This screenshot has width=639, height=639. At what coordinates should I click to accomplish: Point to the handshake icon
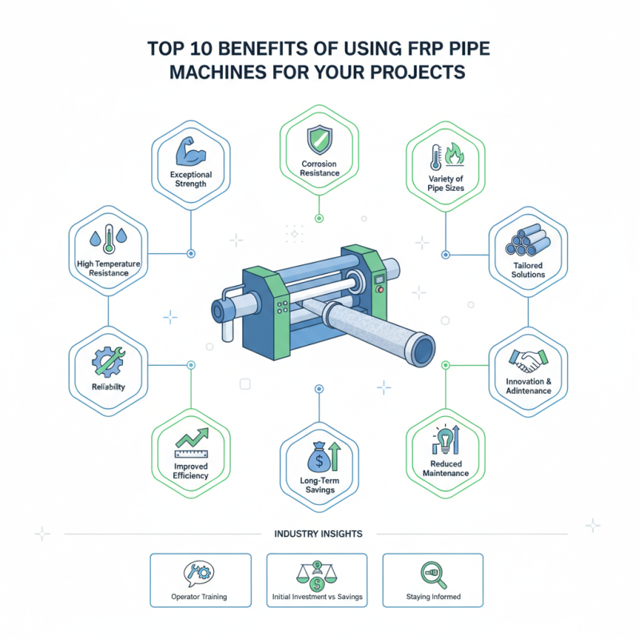coord(527,361)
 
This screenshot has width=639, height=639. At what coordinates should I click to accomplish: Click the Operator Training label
coord(200,597)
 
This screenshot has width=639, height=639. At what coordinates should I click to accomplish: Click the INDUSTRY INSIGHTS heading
coord(318,534)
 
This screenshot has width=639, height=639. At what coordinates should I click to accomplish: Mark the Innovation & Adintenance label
coord(527,386)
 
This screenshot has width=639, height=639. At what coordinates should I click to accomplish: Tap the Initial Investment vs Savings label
coord(316,597)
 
